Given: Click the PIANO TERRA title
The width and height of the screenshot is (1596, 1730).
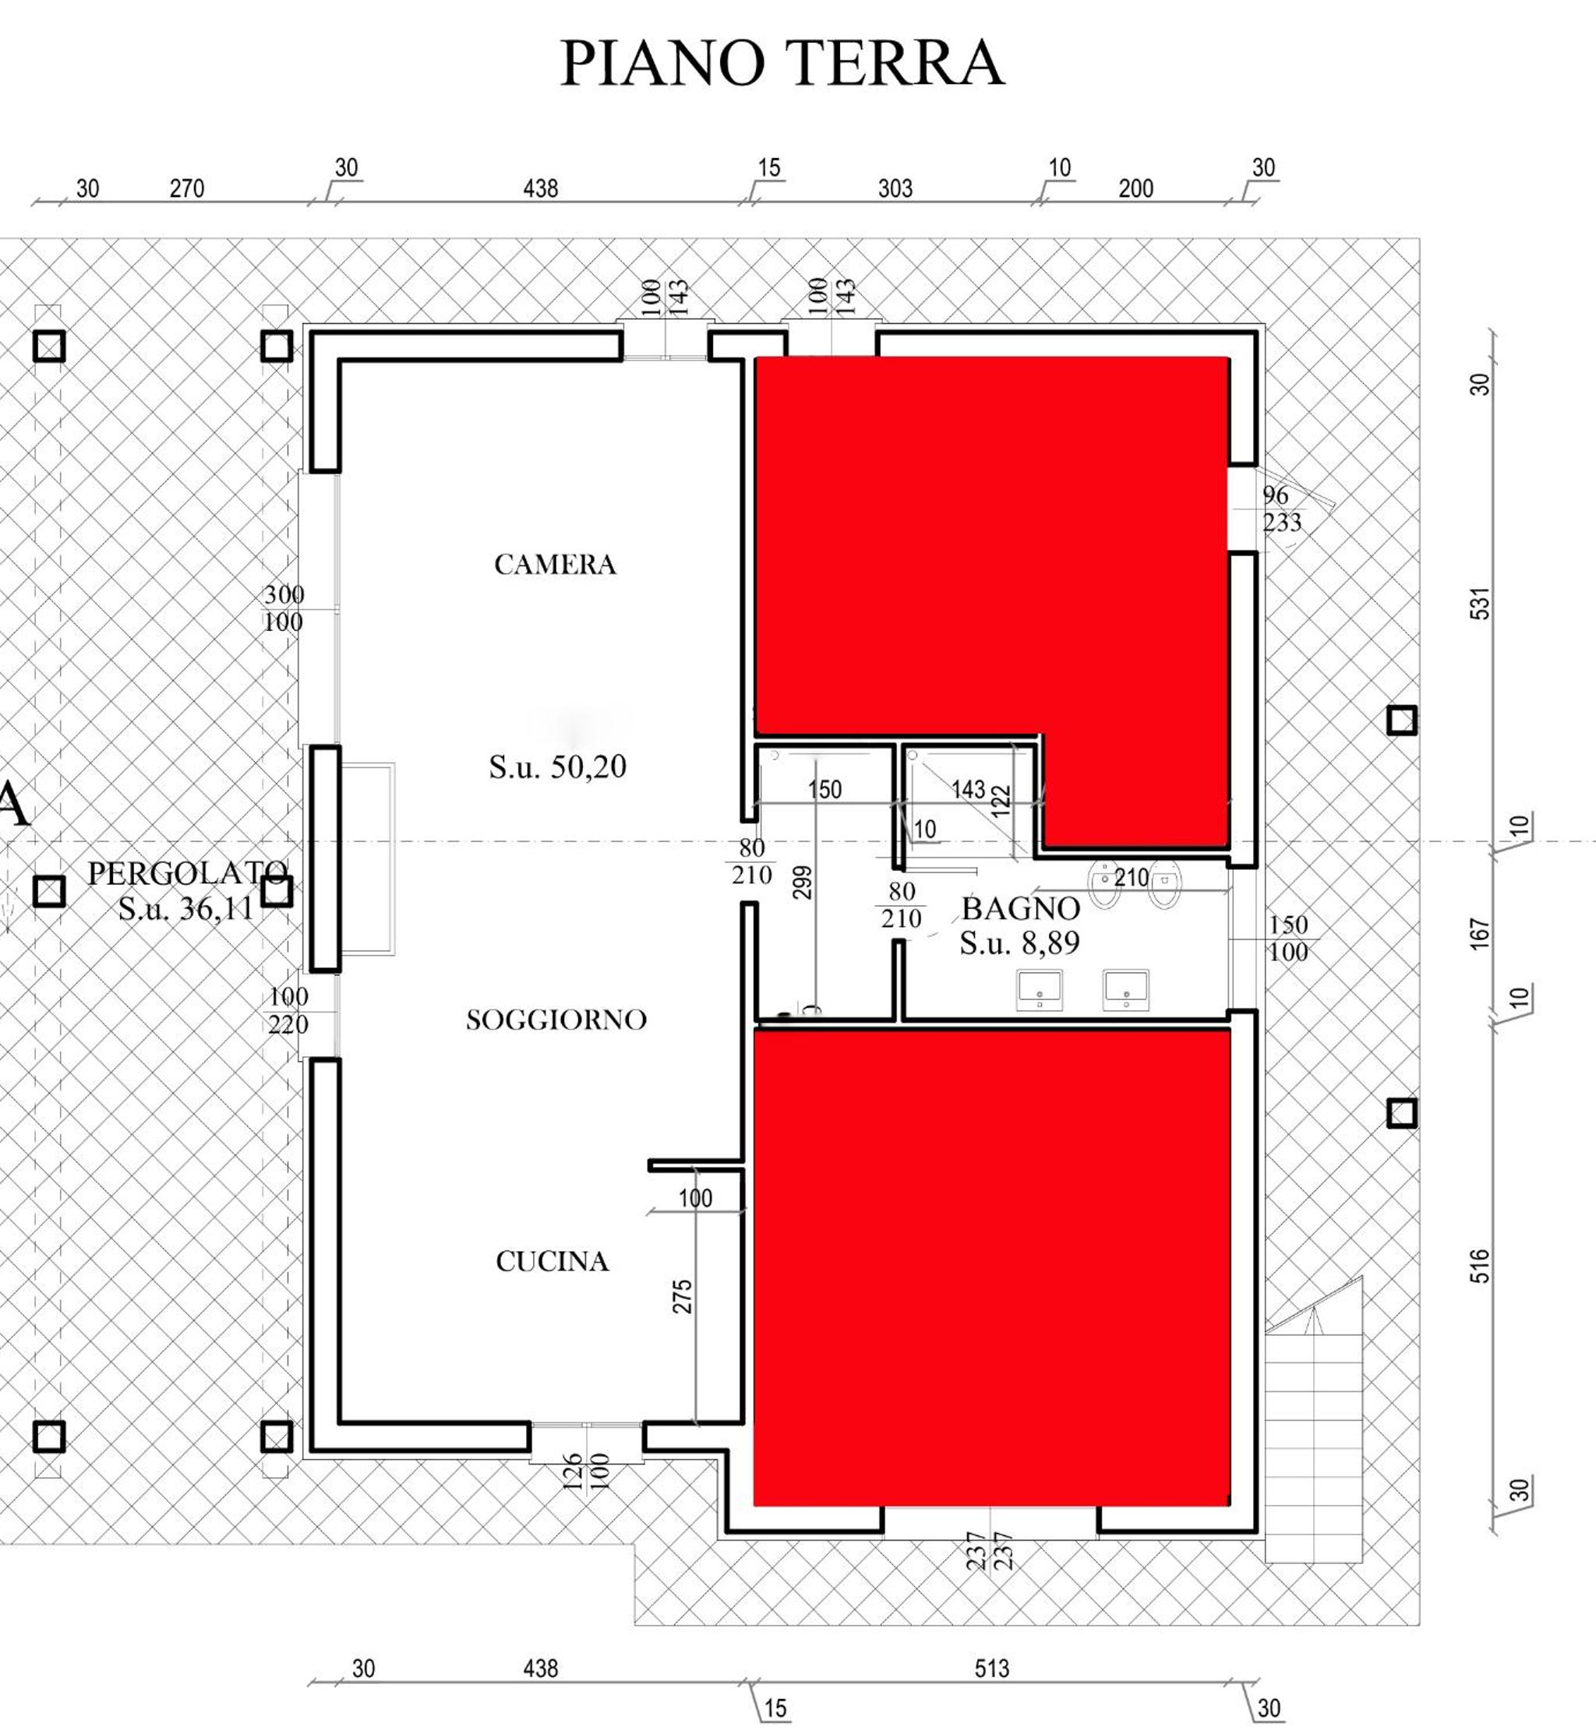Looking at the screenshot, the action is (782, 62).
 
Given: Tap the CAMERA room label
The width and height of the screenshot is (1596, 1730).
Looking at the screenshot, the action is (554, 565).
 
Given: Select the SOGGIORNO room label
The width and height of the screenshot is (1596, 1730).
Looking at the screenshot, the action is (556, 1020).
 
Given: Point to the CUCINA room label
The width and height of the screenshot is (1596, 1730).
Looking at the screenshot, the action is (553, 1262).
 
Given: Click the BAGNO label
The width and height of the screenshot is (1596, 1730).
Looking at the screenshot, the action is (1021, 909).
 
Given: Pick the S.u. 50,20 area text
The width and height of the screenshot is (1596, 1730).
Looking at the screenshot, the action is (558, 766).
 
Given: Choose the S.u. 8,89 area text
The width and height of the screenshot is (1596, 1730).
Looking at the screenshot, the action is (1020, 943).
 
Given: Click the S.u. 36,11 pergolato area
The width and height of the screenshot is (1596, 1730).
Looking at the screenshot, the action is (185, 909).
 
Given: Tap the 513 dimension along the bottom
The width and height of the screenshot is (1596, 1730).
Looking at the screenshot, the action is (991, 1668).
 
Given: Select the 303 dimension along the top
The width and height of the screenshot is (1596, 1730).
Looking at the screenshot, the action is (895, 189).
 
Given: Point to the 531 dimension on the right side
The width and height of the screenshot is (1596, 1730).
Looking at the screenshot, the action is (1480, 604).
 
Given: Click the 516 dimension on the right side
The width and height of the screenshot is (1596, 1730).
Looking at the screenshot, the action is (1480, 1267).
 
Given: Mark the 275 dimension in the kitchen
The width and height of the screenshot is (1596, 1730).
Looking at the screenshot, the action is (682, 1297).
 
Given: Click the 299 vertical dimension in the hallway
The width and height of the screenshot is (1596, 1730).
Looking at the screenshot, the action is (803, 883).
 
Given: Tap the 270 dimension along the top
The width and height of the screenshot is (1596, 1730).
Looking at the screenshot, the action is (186, 189).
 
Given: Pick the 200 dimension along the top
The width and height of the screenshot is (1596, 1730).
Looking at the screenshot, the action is (1135, 189).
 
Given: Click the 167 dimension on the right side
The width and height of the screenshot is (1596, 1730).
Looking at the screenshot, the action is (1480, 934).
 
